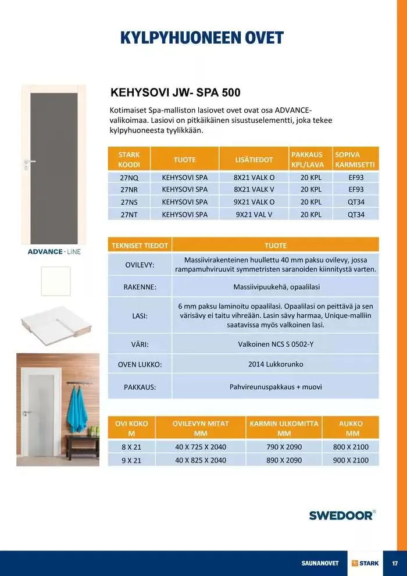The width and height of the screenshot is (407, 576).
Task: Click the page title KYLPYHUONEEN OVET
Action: click(x=202, y=38)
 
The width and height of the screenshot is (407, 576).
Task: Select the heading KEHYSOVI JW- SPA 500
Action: click(x=175, y=93)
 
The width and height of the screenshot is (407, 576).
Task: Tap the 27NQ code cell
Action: click(x=129, y=177)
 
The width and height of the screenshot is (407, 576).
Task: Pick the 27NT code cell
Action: click(x=129, y=215)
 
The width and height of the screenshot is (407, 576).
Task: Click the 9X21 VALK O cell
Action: click(x=254, y=202)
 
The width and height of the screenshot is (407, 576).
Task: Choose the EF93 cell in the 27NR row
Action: click(x=356, y=190)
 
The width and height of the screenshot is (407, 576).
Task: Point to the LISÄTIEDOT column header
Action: click(x=254, y=159)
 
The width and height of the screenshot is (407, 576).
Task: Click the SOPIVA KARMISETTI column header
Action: click(x=356, y=159)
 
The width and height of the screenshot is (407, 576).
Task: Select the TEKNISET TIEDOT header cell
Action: click(x=140, y=246)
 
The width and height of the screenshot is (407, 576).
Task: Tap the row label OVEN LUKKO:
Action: click(x=140, y=365)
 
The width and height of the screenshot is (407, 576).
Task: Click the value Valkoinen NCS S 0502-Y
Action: click(x=276, y=344)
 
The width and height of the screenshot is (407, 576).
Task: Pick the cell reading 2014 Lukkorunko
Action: click(x=276, y=365)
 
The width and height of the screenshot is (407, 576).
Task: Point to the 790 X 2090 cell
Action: click(x=284, y=447)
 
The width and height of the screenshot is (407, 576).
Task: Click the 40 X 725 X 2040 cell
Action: click(x=201, y=447)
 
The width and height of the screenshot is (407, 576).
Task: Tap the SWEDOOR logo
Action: click(x=341, y=515)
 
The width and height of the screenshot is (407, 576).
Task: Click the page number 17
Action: click(x=395, y=563)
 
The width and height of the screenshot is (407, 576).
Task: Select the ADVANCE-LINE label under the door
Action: click(x=54, y=252)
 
